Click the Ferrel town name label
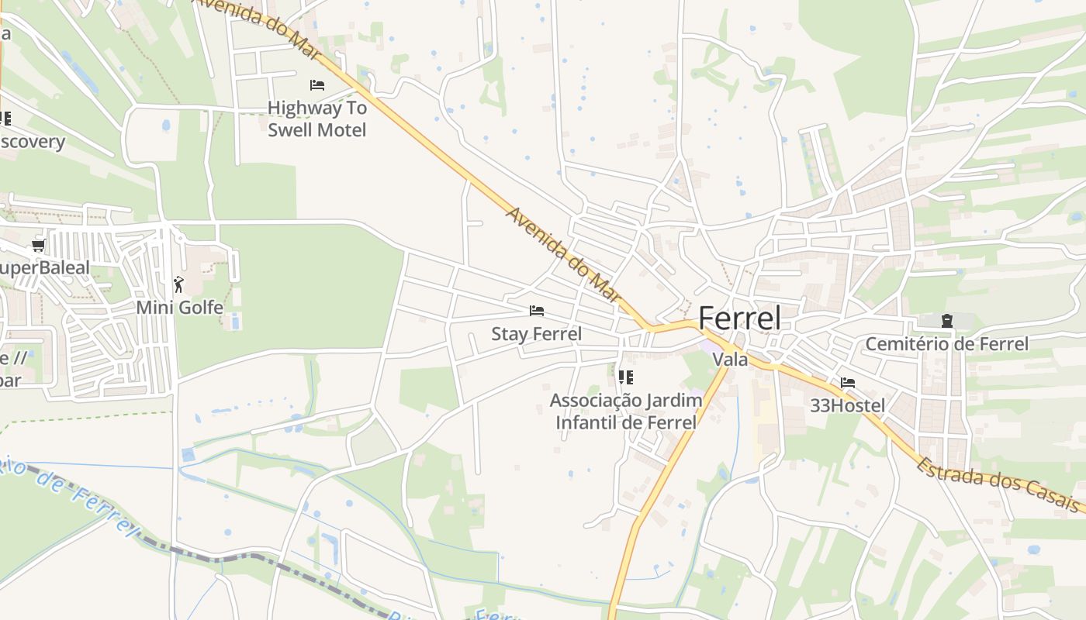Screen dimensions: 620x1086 (x=739, y=319)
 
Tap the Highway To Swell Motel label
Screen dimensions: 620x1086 (x=316, y=119)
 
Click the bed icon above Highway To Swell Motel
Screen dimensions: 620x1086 (x=316, y=84)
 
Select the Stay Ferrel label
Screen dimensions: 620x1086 (x=536, y=334)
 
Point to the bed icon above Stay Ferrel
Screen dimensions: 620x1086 (x=536, y=311)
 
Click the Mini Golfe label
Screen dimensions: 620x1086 (x=179, y=308)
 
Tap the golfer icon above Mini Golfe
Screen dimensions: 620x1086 (x=179, y=284)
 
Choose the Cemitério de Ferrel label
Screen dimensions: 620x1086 (x=946, y=343)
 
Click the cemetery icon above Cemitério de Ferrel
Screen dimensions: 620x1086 (x=946, y=320)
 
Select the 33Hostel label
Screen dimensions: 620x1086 (x=847, y=405)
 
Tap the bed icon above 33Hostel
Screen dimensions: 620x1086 (x=847, y=383)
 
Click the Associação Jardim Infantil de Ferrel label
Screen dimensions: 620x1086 (x=625, y=412)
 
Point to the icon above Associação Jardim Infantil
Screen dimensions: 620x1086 (x=625, y=377)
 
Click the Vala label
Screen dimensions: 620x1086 (x=730, y=360)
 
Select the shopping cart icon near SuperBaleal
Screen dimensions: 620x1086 (x=38, y=246)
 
